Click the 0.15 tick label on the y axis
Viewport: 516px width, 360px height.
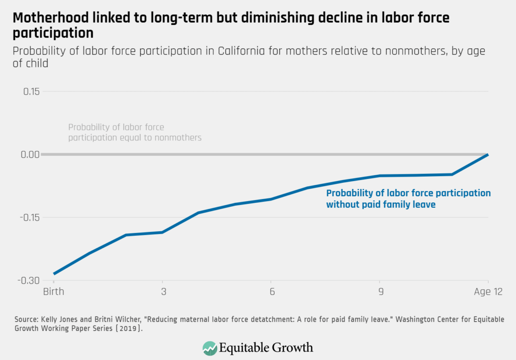click(x=32, y=91)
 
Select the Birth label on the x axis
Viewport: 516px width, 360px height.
click(x=54, y=292)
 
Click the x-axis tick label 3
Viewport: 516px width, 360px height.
click(x=162, y=292)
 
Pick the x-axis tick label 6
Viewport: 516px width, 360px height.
click(x=271, y=292)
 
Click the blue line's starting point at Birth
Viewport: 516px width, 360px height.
click(x=54, y=274)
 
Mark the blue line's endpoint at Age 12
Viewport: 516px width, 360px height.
click(x=487, y=155)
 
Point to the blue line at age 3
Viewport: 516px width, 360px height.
click(x=162, y=233)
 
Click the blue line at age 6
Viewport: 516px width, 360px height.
click(x=271, y=199)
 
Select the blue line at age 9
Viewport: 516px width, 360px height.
click(x=379, y=176)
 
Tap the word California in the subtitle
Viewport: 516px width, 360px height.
click(x=242, y=51)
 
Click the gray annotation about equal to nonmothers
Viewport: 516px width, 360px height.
click(x=135, y=132)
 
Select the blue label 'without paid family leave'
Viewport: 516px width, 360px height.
click(x=381, y=205)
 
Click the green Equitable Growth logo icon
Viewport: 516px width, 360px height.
click(x=210, y=347)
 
